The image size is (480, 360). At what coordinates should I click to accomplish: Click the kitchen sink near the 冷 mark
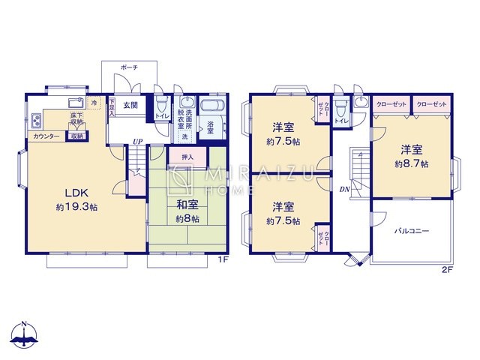pyautogui.click(x=74, y=102)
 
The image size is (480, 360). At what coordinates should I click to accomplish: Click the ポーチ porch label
pyautogui.click(x=128, y=67)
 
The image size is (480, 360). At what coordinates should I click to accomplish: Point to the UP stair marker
pyautogui.click(x=137, y=141)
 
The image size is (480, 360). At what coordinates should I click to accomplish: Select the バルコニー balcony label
pyautogui.click(x=412, y=232)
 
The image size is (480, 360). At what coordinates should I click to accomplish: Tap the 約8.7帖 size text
pyautogui.click(x=413, y=163)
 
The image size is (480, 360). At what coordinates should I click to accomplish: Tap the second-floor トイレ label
pyautogui.click(x=340, y=120)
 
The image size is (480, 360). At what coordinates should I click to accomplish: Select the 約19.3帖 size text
pyautogui.click(x=69, y=206)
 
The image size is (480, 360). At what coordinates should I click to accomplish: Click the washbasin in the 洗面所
pyautogui.click(x=187, y=103)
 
